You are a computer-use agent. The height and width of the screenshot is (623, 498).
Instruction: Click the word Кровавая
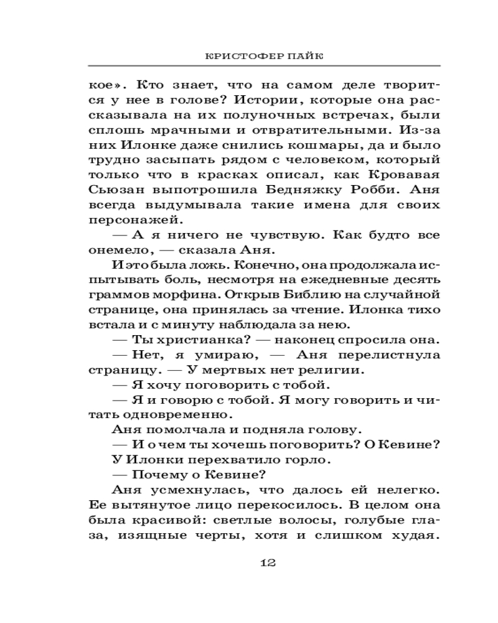403,176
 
